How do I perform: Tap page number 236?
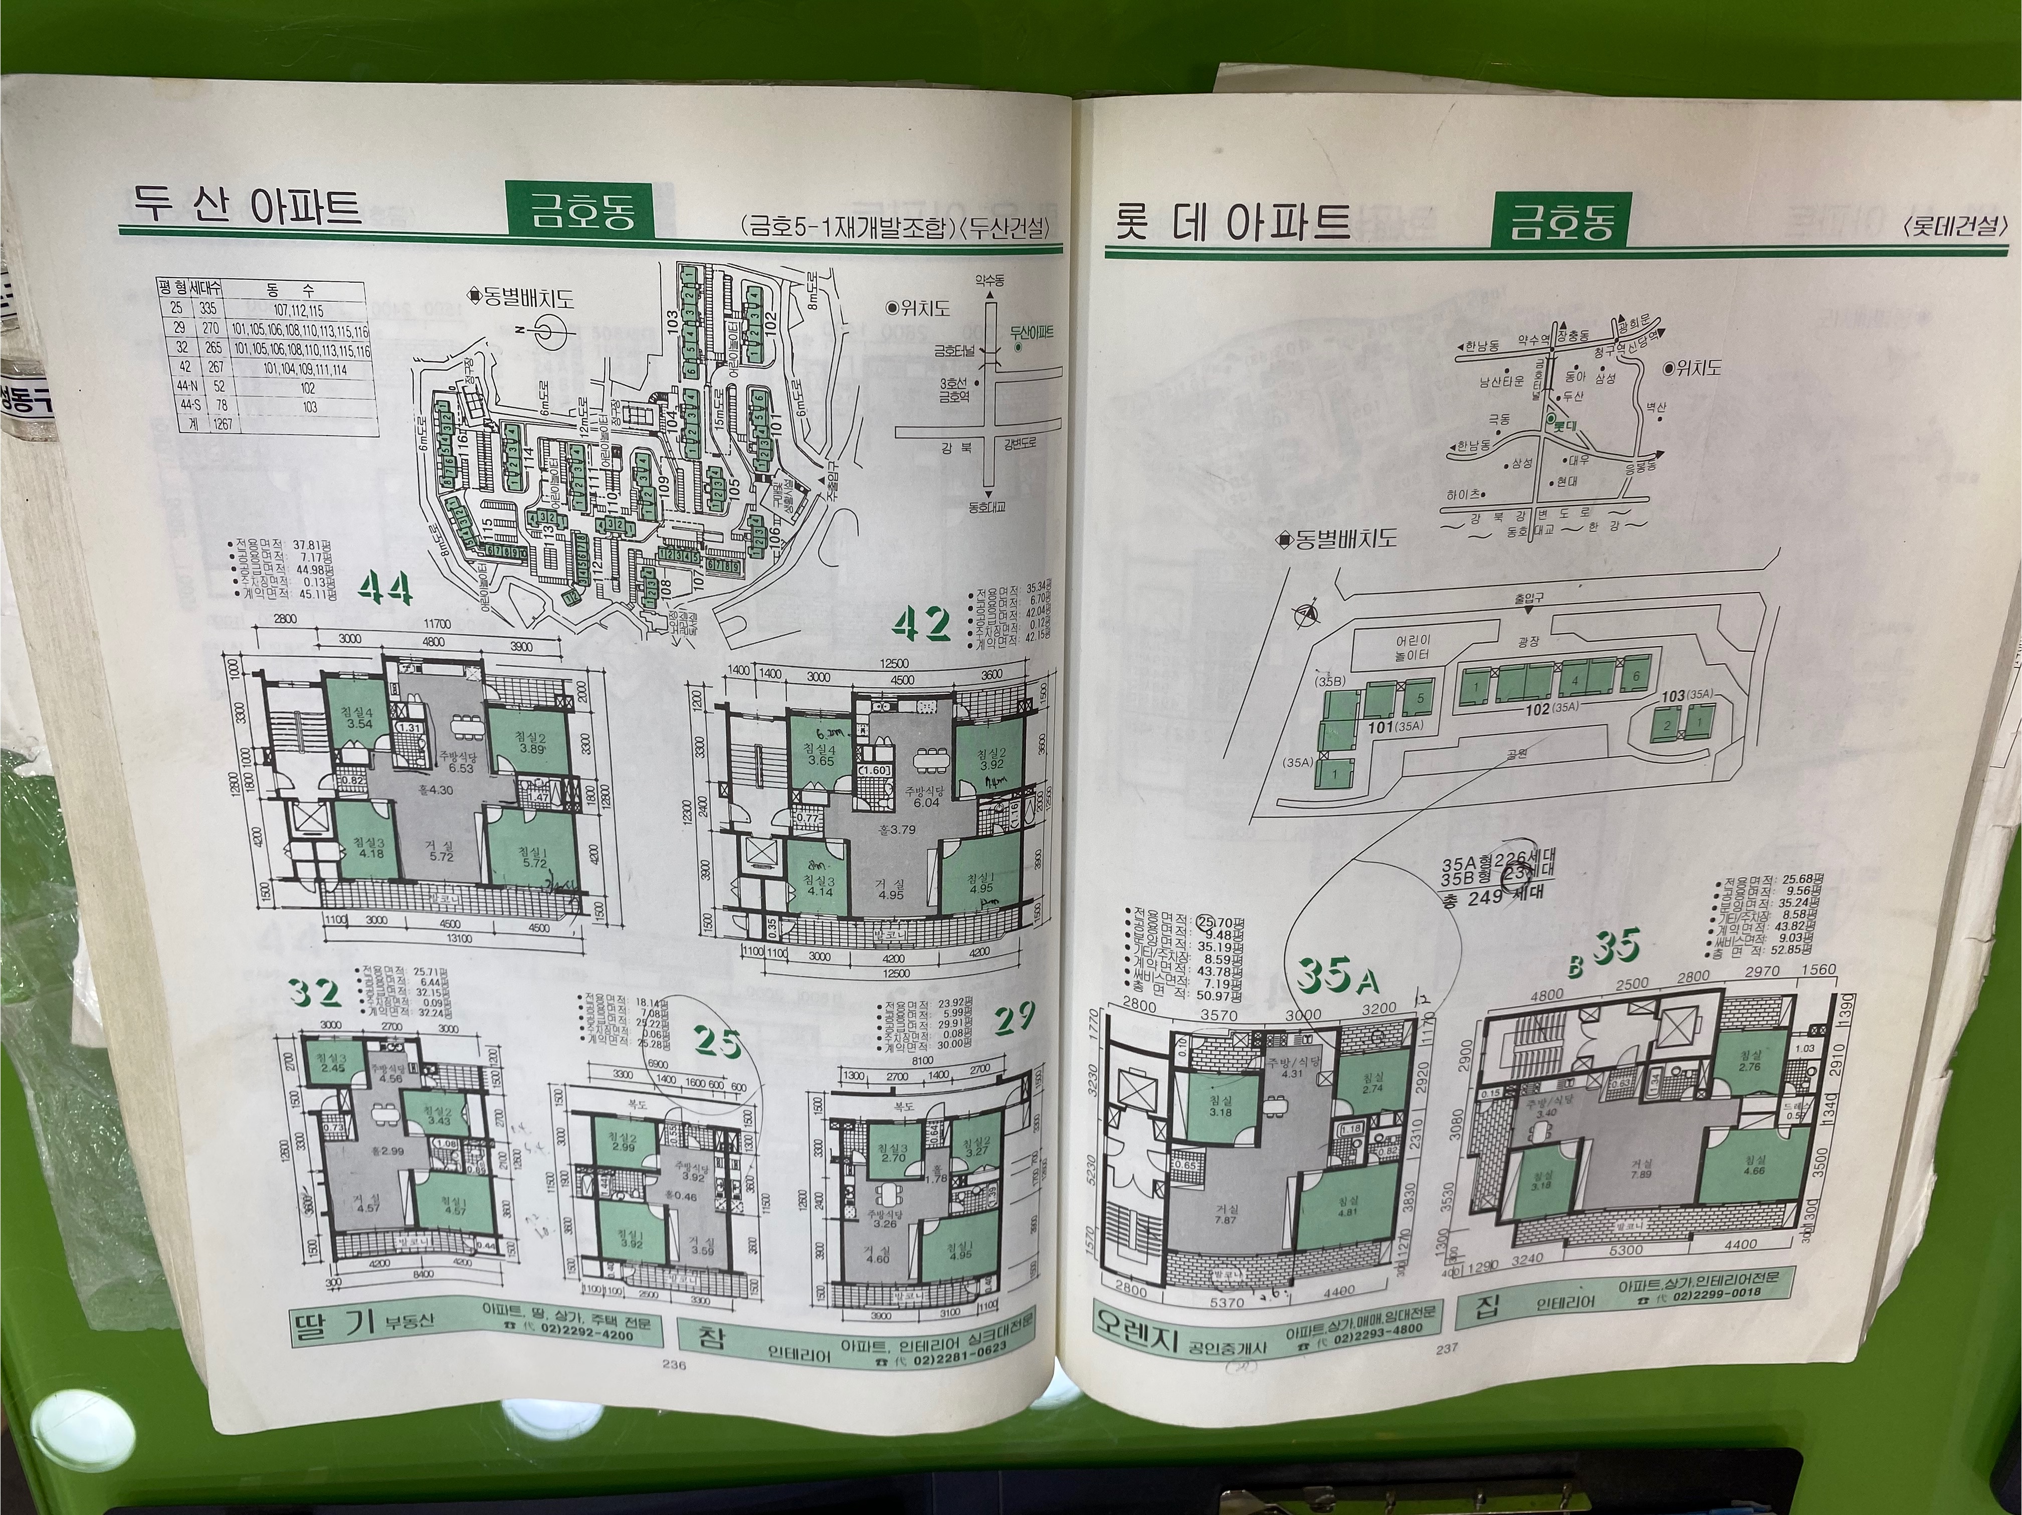point(675,1362)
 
